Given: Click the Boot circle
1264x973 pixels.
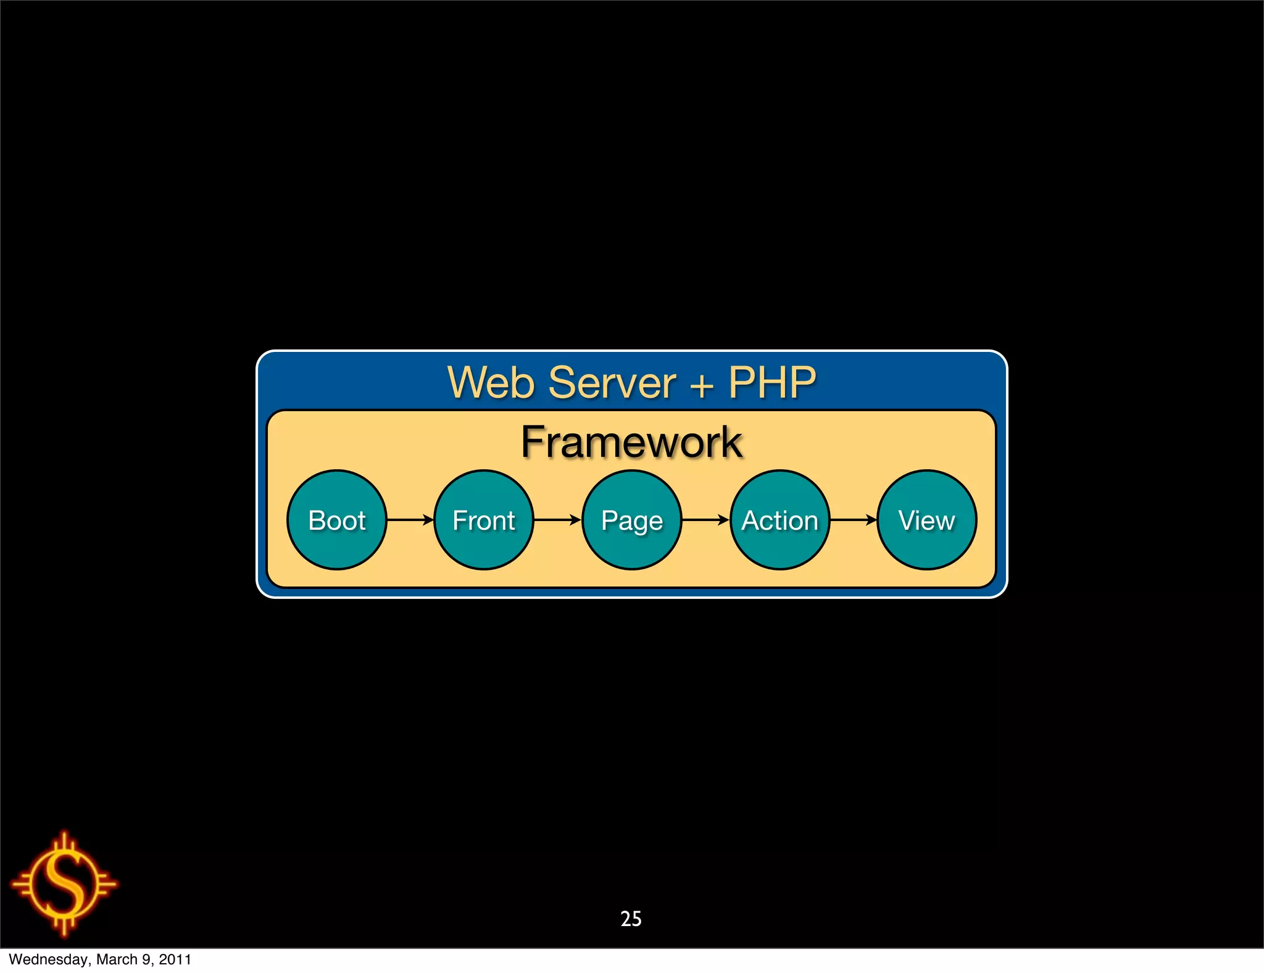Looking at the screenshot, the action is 336,520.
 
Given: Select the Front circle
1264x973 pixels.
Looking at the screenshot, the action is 484,520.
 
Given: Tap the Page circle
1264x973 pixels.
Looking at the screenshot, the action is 632,520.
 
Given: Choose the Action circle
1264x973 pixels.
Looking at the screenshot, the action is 780,520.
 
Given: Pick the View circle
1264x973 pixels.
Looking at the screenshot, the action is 926,520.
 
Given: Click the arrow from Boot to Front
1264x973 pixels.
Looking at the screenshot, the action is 410,520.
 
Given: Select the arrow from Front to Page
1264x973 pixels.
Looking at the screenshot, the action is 557,520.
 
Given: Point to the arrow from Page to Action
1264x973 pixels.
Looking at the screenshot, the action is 705,520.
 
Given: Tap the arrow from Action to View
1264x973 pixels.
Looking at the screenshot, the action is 854,520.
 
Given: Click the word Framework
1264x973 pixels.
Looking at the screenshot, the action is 631,442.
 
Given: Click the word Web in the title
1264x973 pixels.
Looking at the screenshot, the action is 491,383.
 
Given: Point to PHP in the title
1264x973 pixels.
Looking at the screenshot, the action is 772,383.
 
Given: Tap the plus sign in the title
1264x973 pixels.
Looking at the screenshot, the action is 702,385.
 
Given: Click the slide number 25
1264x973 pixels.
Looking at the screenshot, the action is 631,919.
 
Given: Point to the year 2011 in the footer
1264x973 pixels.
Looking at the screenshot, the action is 175,959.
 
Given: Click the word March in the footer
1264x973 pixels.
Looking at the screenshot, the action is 117,959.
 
